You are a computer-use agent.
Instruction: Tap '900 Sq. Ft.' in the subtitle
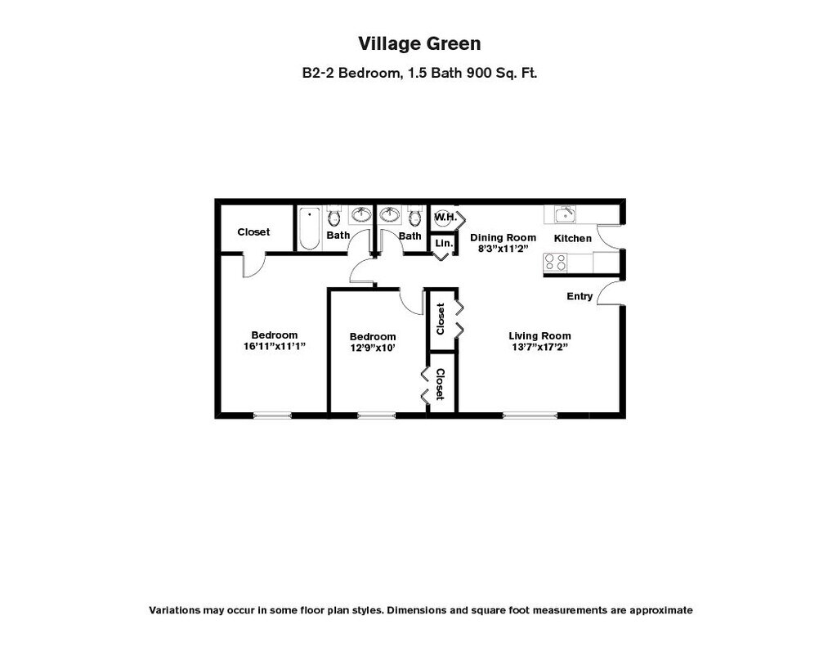(x=500, y=73)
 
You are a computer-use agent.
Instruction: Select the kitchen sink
(x=565, y=214)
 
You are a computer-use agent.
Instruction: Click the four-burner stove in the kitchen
(x=556, y=262)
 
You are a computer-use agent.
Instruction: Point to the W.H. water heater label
(x=445, y=218)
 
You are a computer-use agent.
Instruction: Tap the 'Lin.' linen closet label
(x=443, y=244)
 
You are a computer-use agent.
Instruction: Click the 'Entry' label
(x=580, y=296)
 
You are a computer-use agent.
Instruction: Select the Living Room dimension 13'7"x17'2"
(x=539, y=347)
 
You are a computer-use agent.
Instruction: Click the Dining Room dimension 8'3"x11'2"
(x=504, y=249)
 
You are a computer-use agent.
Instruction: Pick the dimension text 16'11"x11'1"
(x=275, y=346)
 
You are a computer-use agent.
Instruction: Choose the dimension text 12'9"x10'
(x=373, y=348)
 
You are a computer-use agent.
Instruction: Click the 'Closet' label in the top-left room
(x=253, y=232)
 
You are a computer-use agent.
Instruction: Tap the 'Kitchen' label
(x=573, y=238)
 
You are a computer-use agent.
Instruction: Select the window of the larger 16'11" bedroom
(x=272, y=416)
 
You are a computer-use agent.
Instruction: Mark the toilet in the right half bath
(x=414, y=218)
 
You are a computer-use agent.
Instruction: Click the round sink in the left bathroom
(x=360, y=215)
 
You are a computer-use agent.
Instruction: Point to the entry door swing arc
(x=608, y=293)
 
